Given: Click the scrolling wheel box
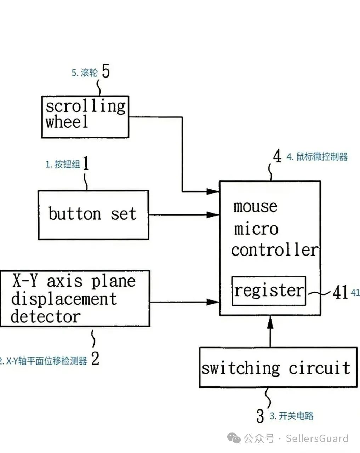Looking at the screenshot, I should click(x=85, y=116).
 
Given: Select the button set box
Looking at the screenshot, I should click(x=93, y=215).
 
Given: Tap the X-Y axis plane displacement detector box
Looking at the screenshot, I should click(x=75, y=299).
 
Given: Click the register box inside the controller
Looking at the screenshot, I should click(x=268, y=291).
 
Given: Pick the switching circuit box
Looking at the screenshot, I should click(x=278, y=367).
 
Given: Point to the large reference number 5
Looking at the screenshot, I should click(x=105, y=71).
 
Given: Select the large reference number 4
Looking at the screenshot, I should click(x=277, y=156).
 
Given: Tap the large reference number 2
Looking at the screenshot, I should click(x=95, y=359).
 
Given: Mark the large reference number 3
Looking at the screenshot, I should click(x=260, y=415).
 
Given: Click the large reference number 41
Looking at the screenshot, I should click(x=340, y=292).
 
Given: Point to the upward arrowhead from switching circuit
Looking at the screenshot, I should click(x=270, y=322).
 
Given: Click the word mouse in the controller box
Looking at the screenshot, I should click(x=255, y=206).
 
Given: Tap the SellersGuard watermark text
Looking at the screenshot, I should click(x=317, y=438).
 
